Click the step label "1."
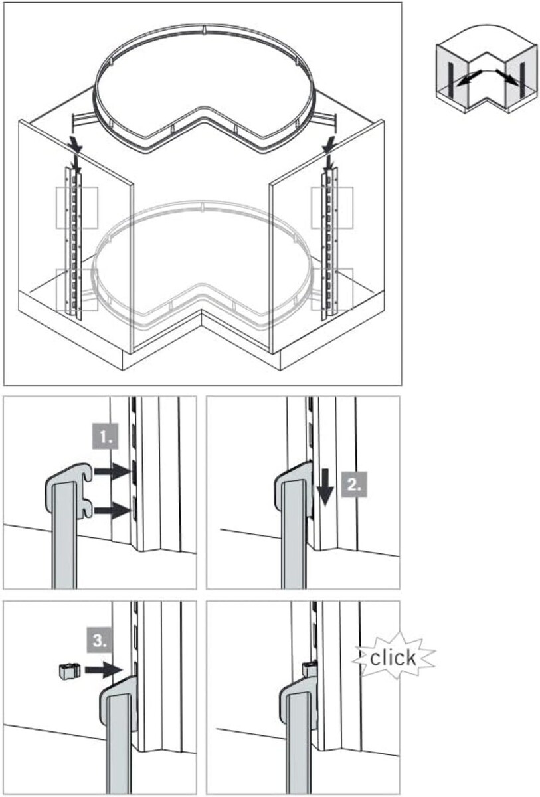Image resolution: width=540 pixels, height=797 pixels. pos(106,436)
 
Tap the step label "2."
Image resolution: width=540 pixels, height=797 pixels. pos(353,484)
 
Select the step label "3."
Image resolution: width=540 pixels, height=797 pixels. pos(99,641)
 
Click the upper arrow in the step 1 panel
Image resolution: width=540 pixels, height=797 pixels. pos(112,472)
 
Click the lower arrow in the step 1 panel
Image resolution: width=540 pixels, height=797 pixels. pos(112,511)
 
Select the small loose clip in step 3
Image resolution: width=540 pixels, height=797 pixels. pos(70,671)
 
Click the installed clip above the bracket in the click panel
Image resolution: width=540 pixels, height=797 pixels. pos(310,668)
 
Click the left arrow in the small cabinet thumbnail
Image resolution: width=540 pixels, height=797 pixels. pos(468,78)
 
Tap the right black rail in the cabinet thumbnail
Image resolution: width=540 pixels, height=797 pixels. pos(522,78)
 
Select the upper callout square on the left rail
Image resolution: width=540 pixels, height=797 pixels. pos(77,208)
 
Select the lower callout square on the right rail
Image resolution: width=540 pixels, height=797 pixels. pos(332,290)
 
